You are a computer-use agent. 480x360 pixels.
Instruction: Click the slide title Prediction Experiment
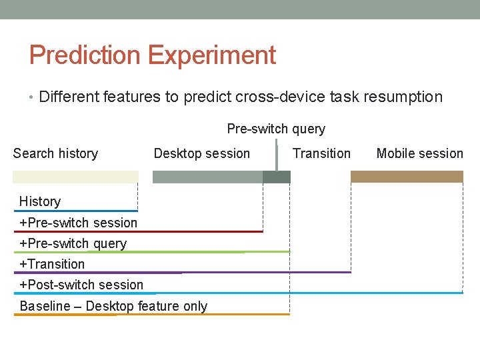152,55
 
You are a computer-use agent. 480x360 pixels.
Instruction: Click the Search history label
55,153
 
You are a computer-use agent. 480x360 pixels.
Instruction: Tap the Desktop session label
201,153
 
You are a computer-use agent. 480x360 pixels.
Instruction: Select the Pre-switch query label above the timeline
276,129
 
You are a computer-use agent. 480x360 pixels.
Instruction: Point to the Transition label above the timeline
321,153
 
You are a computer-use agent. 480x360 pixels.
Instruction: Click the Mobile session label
419,153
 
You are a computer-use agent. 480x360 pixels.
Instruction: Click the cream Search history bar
75,177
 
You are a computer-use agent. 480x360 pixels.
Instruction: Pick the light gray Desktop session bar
207,177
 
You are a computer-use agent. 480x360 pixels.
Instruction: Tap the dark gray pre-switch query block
277,177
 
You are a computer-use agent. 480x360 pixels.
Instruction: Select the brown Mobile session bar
407,177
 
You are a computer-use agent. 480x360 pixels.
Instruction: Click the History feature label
40,201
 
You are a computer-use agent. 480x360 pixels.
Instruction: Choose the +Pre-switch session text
78,223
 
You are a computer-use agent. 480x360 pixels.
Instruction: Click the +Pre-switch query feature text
73,243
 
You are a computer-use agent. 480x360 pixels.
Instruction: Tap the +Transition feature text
52,264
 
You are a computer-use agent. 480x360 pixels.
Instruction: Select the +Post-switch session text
81,285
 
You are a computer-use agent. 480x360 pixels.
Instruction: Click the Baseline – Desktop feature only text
113,306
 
